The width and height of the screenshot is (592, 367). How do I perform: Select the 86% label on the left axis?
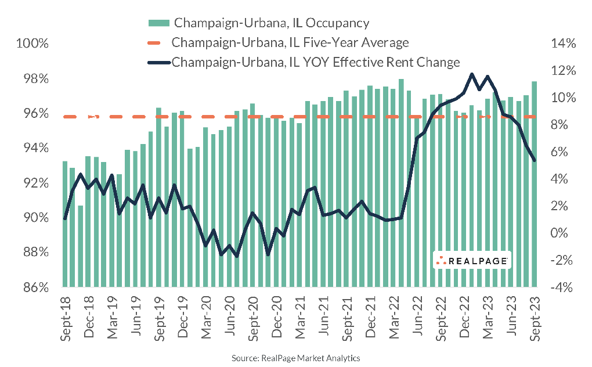pos(36,287)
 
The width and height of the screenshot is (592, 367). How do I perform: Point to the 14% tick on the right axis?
pos(559,44)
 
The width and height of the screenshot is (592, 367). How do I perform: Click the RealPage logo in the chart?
pos(472,261)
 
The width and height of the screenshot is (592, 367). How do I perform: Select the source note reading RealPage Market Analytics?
pos(296,358)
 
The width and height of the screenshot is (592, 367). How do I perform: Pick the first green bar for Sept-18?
pos(65,224)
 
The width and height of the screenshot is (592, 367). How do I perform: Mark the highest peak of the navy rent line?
pos(471,74)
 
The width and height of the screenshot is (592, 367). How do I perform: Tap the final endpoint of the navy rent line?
pos(534,160)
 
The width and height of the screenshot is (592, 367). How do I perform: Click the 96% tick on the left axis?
pos(36,114)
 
